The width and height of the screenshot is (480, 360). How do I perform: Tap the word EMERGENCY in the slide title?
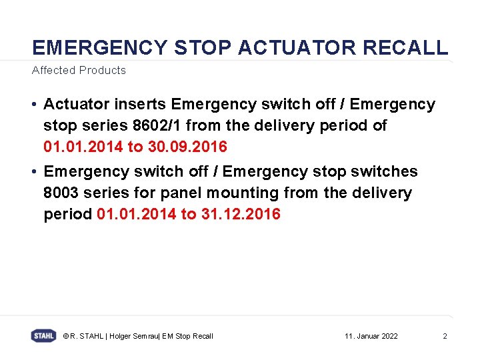[x=100, y=47]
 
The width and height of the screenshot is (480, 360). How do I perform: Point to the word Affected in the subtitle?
[x=53, y=70]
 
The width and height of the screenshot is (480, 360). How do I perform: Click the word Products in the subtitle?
[x=102, y=70]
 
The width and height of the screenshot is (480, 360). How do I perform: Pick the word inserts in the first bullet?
[x=141, y=105]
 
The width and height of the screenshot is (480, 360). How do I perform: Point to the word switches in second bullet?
[x=386, y=172]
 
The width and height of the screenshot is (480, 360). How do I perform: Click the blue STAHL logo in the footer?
[x=43, y=336]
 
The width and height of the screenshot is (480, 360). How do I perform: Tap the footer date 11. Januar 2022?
[x=371, y=336]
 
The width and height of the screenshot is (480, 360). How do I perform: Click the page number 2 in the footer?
[x=445, y=336]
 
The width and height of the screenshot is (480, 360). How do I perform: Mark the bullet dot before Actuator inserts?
[x=33, y=105]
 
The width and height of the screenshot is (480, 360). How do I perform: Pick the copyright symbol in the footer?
[x=65, y=336]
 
